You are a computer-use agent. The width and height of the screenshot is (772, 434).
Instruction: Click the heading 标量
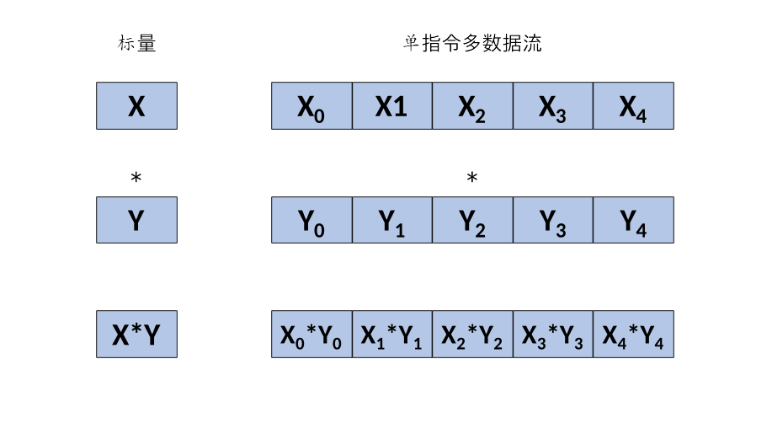click(x=136, y=44)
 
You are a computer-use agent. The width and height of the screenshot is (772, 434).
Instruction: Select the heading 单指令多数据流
click(x=471, y=44)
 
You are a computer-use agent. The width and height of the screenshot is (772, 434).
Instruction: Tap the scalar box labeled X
click(x=136, y=105)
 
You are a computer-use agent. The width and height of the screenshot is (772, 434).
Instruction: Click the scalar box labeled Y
click(x=136, y=220)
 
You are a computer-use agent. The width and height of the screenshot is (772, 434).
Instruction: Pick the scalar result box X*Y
click(x=136, y=335)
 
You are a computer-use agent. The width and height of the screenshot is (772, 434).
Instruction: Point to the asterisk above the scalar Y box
click(x=136, y=178)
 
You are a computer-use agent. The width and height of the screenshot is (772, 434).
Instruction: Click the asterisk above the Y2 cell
click(x=472, y=178)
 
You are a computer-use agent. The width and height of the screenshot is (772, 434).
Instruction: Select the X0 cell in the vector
click(x=311, y=105)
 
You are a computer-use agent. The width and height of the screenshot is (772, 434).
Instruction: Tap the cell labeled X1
click(x=391, y=105)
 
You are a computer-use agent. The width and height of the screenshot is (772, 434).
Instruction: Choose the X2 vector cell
click(x=472, y=105)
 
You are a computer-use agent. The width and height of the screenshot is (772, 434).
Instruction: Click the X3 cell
click(x=553, y=105)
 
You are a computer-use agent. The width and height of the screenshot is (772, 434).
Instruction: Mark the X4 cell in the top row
click(x=633, y=105)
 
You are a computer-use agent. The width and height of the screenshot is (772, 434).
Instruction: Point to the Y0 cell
click(x=311, y=220)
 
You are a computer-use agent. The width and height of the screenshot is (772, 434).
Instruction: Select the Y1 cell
click(x=391, y=220)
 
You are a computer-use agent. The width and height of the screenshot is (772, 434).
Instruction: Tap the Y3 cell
click(x=553, y=220)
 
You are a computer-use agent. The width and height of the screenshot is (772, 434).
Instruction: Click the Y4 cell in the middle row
click(x=633, y=220)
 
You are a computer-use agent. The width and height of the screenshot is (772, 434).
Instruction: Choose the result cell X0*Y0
click(x=311, y=335)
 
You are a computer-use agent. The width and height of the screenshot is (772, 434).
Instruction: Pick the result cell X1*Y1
click(x=391, y=335)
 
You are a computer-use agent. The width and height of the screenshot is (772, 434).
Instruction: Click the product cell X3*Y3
click(x=553, y=335)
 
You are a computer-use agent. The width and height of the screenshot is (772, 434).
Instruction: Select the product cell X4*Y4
click(x=633, y=335)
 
